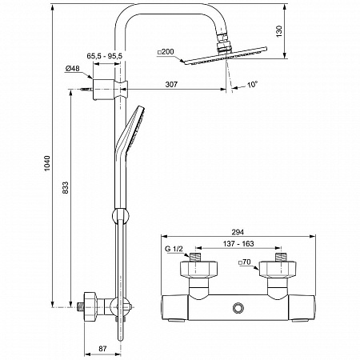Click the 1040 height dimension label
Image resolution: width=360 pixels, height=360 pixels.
[47, 163]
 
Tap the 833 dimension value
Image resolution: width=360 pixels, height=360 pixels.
[65, 188]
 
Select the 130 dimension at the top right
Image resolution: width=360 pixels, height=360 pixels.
[279, 31]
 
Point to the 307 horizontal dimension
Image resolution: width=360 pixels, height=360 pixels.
[171, 85]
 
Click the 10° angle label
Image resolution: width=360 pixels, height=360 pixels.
[252, 85]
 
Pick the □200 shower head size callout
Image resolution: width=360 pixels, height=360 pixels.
[166, 52]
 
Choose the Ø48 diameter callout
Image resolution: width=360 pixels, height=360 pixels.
[72, 69]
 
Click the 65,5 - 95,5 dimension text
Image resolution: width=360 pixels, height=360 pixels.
[104, 56]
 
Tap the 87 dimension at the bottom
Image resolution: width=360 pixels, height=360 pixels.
[102, 348]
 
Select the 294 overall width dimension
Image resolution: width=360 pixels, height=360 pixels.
[238, 232]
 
